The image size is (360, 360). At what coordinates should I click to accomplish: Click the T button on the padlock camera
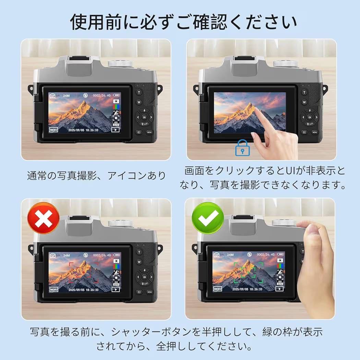pos(304,92)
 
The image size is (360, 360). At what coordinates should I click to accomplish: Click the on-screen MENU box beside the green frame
pos(218,289)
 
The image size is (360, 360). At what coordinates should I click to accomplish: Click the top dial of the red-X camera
pos(120,224)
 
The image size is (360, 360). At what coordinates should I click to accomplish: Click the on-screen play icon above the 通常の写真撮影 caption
pos(115,130)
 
